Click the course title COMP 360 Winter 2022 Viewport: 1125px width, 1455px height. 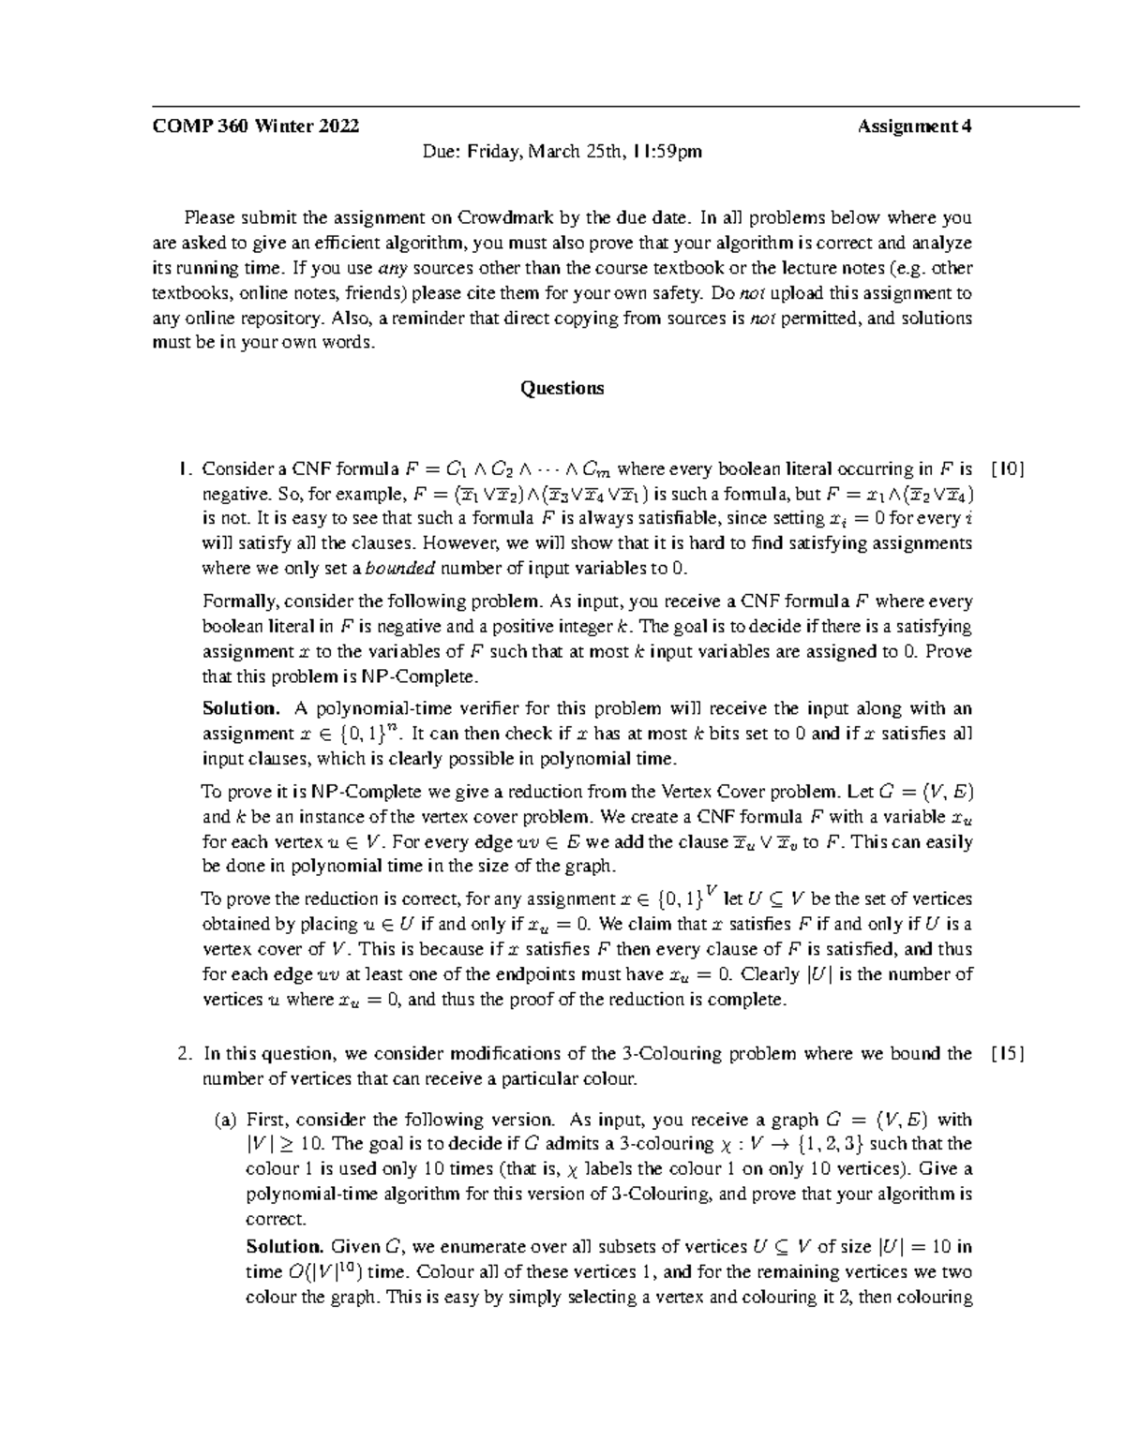(x=255, y=126)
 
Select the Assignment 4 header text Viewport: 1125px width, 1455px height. (x=914, y=126)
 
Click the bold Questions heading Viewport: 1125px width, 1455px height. (x=562, y=388)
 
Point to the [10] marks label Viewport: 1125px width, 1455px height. (x=1008, y=468)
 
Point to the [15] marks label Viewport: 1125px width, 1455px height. (x=1008, y=1054)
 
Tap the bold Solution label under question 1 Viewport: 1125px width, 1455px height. (x=241, y=708)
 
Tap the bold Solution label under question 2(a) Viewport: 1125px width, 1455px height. (x=284, y=1246)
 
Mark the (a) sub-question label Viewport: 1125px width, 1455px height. (x=225, y=1120)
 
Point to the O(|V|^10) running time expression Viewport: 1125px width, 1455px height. (x=323, y=1272)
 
